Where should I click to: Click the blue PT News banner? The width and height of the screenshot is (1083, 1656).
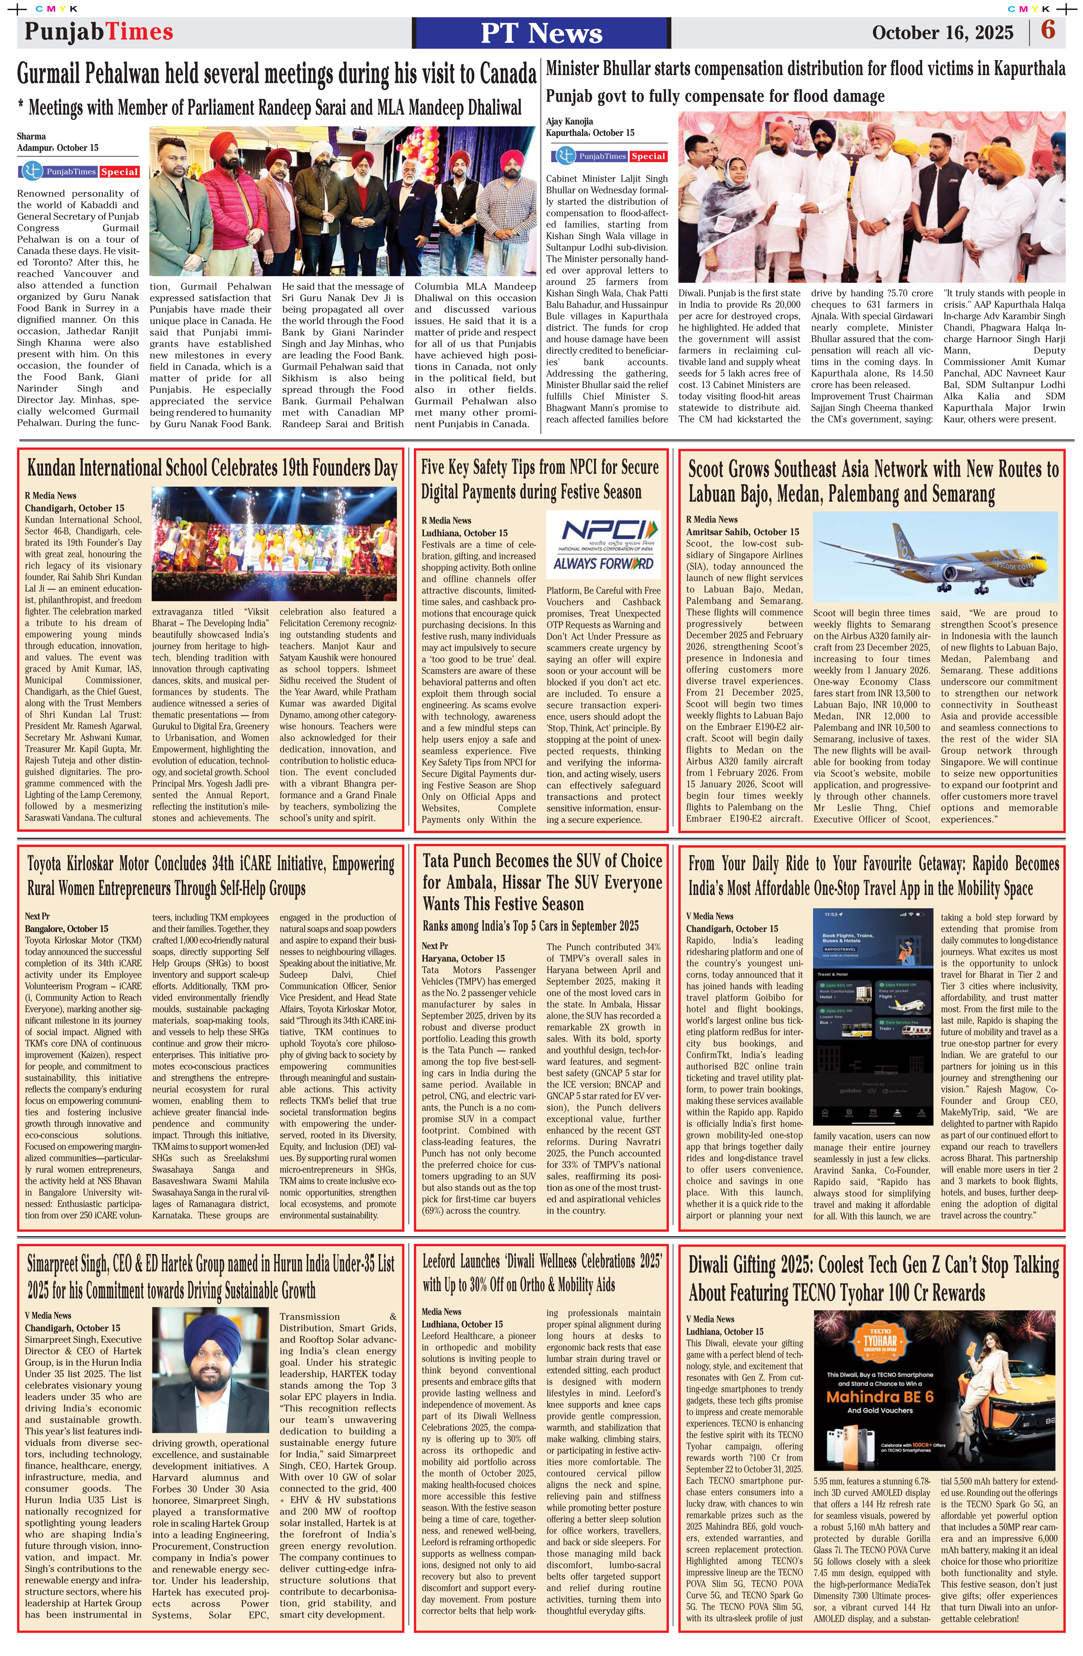[x=541, y=33]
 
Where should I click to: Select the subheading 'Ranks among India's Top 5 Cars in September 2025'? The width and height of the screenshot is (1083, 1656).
[x=530, y=926]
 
